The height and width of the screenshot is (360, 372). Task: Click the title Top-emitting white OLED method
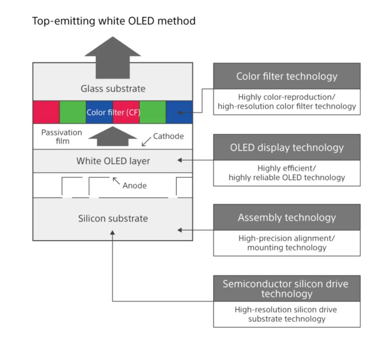pyautogui.click(x=113, y=21)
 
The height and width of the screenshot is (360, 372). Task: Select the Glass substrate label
pyautogui.click(x=113, y=89)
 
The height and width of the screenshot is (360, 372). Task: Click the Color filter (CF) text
pyautogui.click(x=113, y=113)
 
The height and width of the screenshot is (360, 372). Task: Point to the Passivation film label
pyautogui.click(x=61, y=136)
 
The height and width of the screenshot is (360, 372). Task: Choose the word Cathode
pyautogui.click(x=168, y=136)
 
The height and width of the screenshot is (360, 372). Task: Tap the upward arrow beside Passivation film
pyautogui.click(x=113, y=136)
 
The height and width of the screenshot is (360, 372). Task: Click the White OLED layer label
pyautogui.click(x=113, y=161)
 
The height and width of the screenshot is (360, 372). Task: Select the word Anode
pyautogui.click(x=134, y=185)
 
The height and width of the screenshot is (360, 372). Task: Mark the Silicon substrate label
pyautogui.click(x=113, y=218)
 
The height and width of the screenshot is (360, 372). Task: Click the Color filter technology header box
pyautogui.click(x=287, y=76)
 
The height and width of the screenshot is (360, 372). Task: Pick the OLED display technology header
pyautogui.click(x=287, y=147)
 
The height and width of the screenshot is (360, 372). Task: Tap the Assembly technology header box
pyautogui.click(x=287, y=218)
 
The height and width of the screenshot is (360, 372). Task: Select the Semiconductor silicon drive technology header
pyautogui.click(x=287, y=288)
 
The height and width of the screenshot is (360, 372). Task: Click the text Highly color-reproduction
pyautogui.click(x=287, y=97)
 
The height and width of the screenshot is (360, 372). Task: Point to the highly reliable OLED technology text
pyautogui.click(x=287, y=178)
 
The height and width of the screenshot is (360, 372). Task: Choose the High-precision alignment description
pyautogui.click(x=287, y=238)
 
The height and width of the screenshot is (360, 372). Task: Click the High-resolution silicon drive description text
pyautogui.click(x=287, y=310)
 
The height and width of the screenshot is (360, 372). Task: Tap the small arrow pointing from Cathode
pyautogui.click(x=147, y=142)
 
